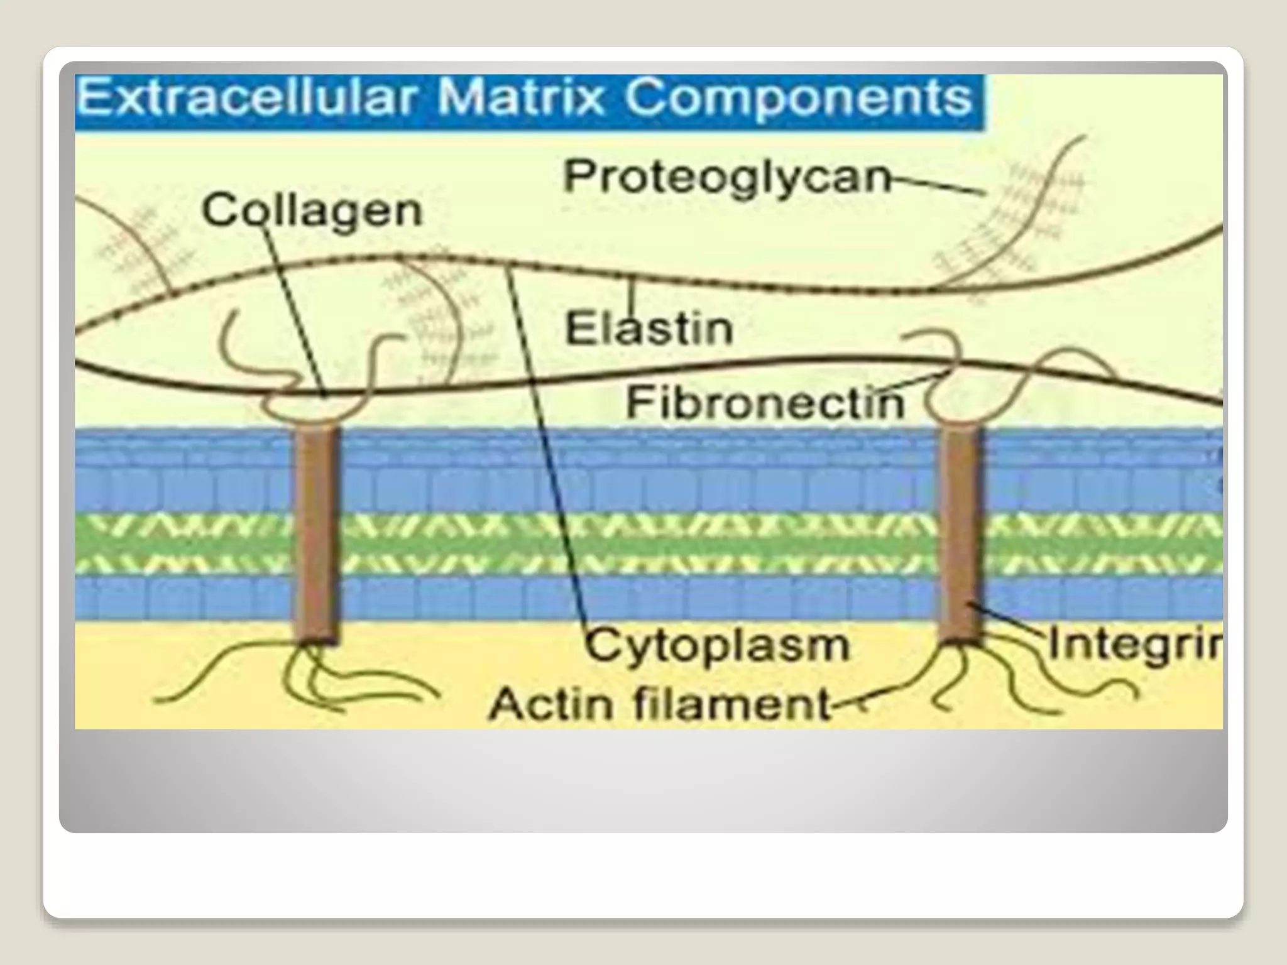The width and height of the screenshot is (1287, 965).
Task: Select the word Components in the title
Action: (797, 99)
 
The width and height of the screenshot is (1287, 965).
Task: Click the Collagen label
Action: (312, 210)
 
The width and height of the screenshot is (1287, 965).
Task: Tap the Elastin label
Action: (649, 329)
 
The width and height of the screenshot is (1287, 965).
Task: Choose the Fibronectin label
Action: (765, 402)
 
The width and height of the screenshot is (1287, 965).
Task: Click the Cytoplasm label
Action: (717, 646)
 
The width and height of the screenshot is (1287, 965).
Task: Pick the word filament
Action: (731, 704)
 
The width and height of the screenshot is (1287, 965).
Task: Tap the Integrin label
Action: (1135, 645)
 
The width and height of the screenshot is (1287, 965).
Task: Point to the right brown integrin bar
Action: (961, 534)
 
